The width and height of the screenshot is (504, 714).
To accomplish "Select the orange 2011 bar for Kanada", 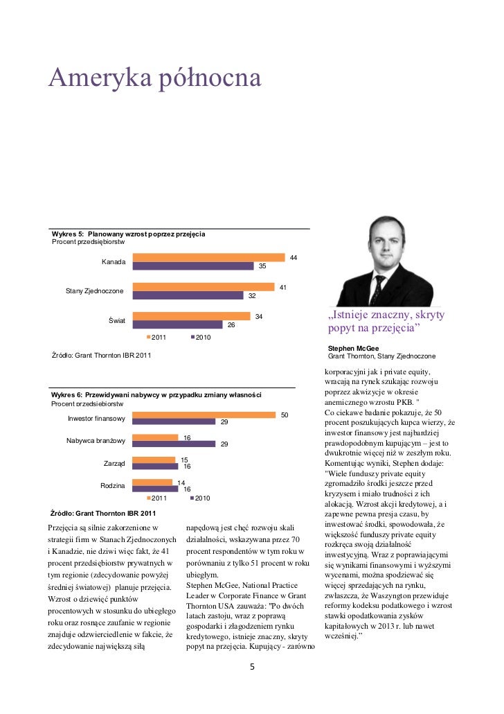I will [x=208, y=258].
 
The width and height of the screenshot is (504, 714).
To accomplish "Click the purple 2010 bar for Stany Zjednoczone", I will [x=190, y=295].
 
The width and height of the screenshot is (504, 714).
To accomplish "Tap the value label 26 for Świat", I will [x=231, y=324].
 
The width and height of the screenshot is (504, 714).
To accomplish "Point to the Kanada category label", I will [x=114, y=262].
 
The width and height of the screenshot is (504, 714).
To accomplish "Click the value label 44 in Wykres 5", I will [x=294, y=258].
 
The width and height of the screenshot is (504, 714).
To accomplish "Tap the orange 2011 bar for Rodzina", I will [x=152, y=482].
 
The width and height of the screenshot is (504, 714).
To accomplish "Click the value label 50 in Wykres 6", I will [x=283, y=415].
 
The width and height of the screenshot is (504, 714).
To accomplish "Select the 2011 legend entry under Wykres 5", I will [x=158, y=337].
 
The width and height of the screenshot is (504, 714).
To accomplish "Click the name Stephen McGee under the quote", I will [x=353, y=348].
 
